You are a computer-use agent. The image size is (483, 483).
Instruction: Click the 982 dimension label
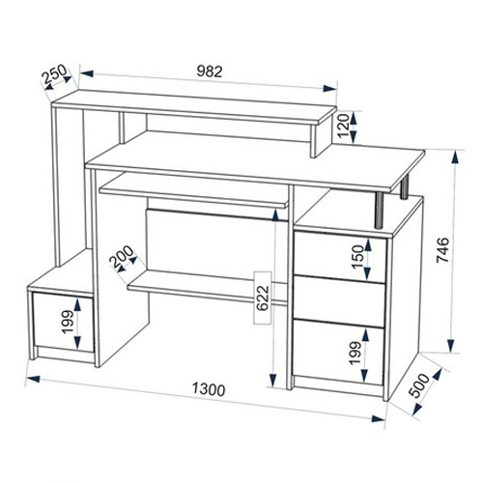(x=210, y=71)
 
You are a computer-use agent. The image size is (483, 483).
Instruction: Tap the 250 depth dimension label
(x=54, y=74)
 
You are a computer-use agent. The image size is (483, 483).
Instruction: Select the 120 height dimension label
(x=344, y=127)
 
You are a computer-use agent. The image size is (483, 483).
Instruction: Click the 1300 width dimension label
(x=209, y=390)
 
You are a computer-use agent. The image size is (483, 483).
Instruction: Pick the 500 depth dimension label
(x=419, y=385)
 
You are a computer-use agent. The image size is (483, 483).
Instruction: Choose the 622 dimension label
(x=263, y=298)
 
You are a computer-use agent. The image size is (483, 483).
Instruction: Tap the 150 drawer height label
(x=357, y=257)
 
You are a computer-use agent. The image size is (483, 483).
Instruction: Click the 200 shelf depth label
(x=121, y=256)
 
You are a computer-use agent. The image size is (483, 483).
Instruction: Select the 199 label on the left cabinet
(x=68, y=322)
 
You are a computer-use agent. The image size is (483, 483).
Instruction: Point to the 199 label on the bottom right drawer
(x=355, y=353)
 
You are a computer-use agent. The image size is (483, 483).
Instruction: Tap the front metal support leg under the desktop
(x=380, y=211)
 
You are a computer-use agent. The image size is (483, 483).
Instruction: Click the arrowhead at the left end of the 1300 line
(x=33, y=379)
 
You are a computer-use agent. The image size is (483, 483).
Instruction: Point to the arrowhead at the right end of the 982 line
(x=329, y=89)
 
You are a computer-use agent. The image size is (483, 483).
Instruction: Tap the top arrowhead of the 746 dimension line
(x=455, y=158)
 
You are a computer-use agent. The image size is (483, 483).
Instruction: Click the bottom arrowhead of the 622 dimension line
(x=273, y=380)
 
